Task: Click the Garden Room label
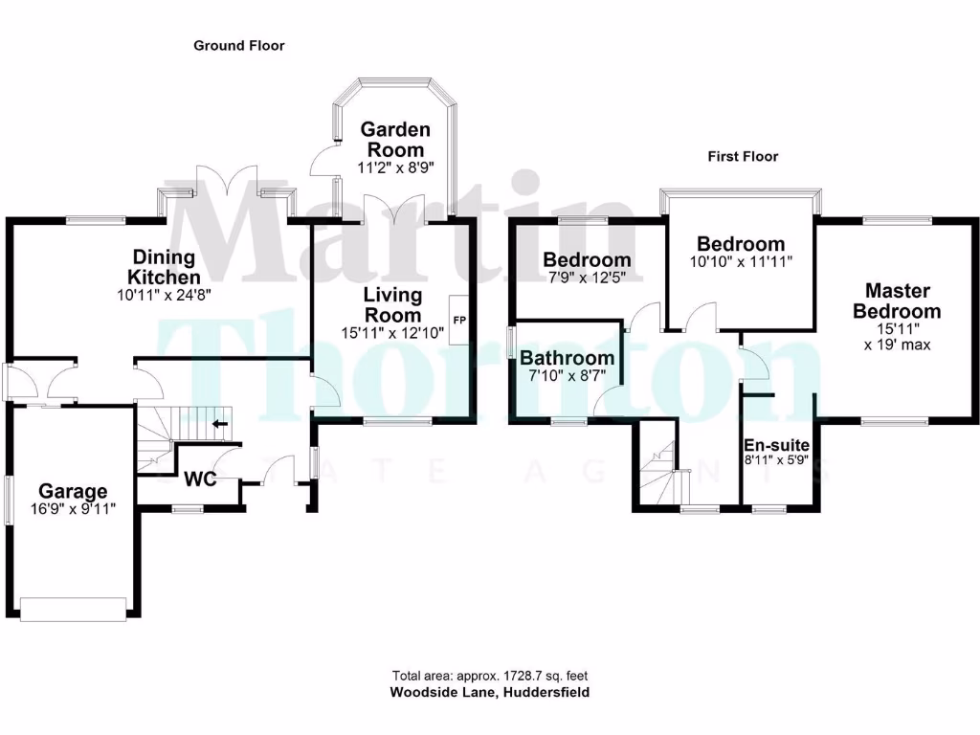394,140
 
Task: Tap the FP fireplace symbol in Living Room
459,320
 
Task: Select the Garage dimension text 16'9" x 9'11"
72,509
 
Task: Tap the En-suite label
777,445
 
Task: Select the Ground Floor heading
238,45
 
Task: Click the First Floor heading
743,156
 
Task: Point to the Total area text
489,675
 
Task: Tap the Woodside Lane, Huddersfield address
489,692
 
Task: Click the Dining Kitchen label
164,265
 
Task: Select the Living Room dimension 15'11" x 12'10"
392,333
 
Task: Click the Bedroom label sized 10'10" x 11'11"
741,244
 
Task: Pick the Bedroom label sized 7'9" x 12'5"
587,259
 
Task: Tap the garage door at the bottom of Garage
73,608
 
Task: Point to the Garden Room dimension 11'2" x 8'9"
394,167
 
